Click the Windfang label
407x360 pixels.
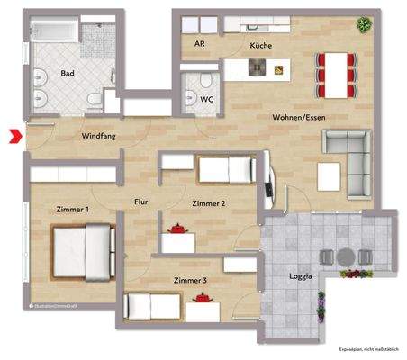(98, 136)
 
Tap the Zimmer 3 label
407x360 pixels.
(190, 280)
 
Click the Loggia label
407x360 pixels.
(301, 276)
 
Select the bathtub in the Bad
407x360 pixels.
(54, 33)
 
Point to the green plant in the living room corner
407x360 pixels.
(363, 23)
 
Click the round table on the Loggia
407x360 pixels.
(346, 256)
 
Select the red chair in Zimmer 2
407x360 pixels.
(180, 230)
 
